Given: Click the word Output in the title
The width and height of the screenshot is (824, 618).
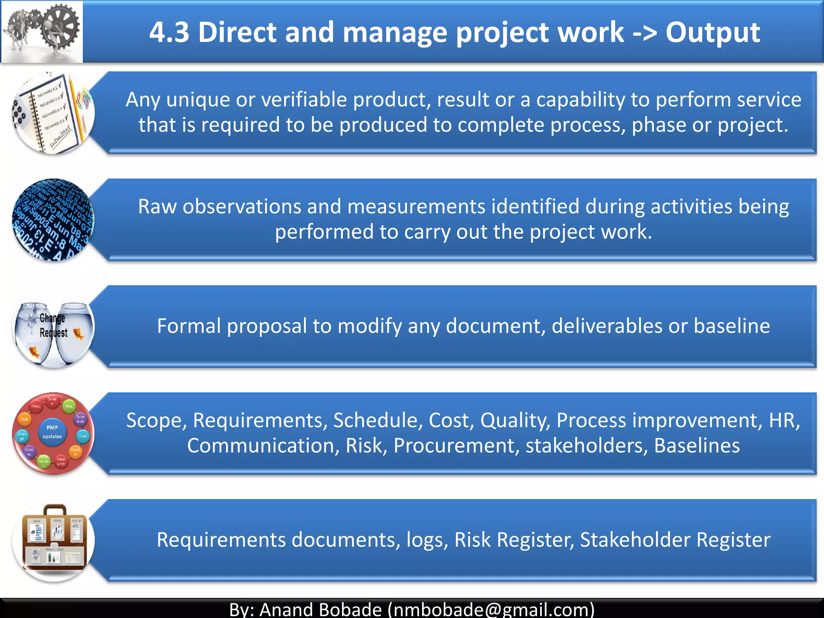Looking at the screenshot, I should [x=713, y=32].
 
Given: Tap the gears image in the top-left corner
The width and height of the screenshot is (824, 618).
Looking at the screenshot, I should [x=42, y=31].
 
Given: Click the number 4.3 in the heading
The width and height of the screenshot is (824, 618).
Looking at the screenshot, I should [x=169, y=32].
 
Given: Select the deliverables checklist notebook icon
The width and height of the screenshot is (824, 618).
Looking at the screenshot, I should [x=53, y=113].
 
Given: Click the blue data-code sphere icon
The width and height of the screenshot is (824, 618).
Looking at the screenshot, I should [x=53, y=220].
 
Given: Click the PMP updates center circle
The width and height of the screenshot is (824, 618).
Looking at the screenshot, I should [x=52, y=432].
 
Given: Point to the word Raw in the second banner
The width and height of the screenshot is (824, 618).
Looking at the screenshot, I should [x=157, y=207].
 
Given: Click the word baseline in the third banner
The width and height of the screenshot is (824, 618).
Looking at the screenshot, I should [x=731, y=326].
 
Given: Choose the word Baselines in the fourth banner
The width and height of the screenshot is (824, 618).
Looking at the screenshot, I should [x=697, y=446].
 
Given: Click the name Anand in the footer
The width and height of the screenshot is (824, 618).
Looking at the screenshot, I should [x=286, y=609].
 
